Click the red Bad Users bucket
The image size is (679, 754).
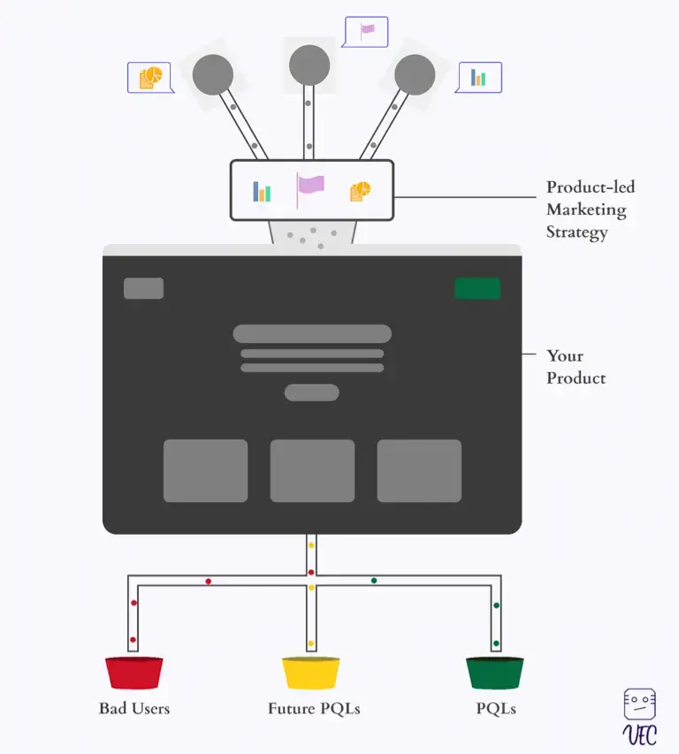click(134, 674)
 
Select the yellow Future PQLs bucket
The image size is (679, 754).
click(310, 674)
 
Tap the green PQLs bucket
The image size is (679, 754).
click(495, 674)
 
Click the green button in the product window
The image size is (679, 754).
click(477, 288)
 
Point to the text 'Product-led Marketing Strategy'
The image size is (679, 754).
click(590, 210)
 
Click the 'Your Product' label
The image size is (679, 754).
click(576, 367)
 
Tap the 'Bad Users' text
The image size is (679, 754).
click(134, 709)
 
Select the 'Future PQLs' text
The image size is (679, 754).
click(314, 709)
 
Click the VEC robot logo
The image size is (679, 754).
click(639, 717)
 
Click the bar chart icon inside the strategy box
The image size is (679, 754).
click(262, 191)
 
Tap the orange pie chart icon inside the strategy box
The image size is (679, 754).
click(360, 191)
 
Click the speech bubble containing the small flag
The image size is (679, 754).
click(365, 31)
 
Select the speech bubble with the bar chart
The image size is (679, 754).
click(478, 78)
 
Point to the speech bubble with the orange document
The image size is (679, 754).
click(150, 78)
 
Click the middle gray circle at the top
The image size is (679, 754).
click(309, 65)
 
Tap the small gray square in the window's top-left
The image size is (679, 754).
click(143, 288)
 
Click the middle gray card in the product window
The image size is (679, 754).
click(312, 470)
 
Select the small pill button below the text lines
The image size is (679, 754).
click(311, 392)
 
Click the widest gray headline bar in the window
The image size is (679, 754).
click(312, 333)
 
